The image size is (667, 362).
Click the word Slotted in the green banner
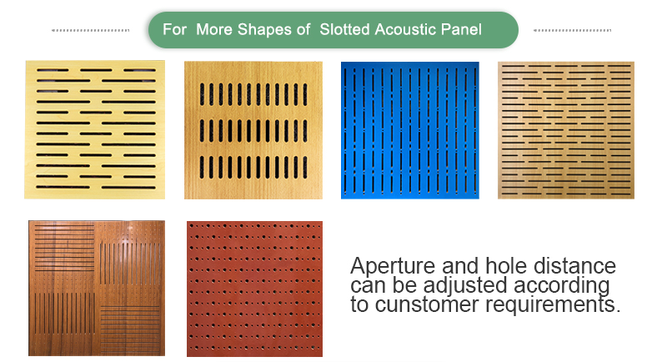pyautogui.click(x=344, y=29)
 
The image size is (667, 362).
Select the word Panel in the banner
pyautogui.click(x=461, y=29)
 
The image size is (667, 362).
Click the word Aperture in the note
pyautogui.click(x=393, y=267)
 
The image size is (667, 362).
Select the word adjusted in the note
pyautogui.click(x=465, y=286)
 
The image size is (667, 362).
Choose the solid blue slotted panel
pyautogui.click(x=410, y=130)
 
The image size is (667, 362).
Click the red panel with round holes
pyautogui.click(x=254, y=289)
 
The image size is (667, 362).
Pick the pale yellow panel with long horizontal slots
pyautogui.click(x=94, y=130)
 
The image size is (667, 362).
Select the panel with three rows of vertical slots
pyautogui.click(x=253, y=130)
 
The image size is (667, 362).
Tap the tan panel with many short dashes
pyautogui.click(x=566, y=130)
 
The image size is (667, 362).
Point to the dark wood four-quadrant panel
pyautogui.click(x=97, y=288)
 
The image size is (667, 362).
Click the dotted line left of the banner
pyautogui.click(x=90, y=30)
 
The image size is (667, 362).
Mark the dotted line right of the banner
pyautogui.click(x=572, y=30)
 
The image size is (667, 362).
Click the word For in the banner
pyautogui.click(x=174, y=29)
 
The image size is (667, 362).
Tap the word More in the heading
pyautogui.click(x=214, y=29)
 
